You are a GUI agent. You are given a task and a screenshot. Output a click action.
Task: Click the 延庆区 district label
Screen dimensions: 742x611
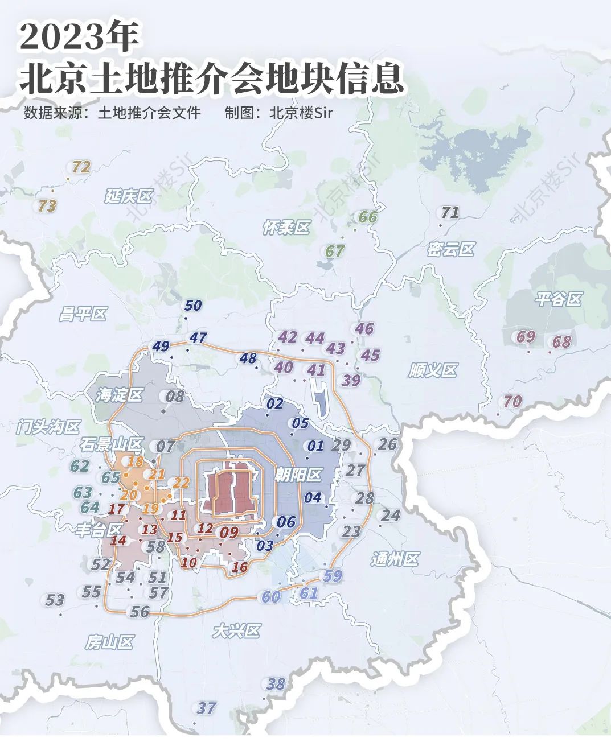click(129, 197)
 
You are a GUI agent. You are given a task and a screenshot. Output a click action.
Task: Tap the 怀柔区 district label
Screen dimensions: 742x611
click(286, 228)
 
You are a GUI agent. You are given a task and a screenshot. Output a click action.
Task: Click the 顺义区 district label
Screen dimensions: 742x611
click(433, 371)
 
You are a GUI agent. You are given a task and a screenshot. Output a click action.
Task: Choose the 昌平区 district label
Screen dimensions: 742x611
click(83, 314)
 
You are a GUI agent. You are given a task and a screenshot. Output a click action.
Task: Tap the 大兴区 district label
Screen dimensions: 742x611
click(236, 631)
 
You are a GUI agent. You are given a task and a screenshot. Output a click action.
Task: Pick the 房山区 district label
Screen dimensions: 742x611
click(109, 642)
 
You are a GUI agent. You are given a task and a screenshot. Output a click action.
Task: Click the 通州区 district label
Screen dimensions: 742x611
click(395, 559)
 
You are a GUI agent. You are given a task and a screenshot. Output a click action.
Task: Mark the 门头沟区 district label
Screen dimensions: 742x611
click(49, 426)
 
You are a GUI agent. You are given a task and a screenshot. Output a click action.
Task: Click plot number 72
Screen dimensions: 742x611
click(81, 167)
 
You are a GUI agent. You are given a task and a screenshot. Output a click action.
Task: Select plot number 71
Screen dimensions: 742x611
click(450, 213)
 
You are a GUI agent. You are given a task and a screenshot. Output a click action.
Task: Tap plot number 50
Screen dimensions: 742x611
click(193, 306)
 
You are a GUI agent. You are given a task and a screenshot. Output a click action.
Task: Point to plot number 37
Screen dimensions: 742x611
click(207, 708)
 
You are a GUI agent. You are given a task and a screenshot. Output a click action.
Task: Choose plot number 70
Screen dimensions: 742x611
click(512, 402)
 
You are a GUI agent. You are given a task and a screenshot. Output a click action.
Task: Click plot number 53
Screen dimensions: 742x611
click(55, 600)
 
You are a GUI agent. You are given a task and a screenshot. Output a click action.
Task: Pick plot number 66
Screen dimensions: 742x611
click(368, 217)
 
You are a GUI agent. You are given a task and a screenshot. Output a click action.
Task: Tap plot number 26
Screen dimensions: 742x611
click(387, 444)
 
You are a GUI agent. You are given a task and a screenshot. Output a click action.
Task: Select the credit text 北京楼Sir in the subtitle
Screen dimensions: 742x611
click(301, 113)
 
